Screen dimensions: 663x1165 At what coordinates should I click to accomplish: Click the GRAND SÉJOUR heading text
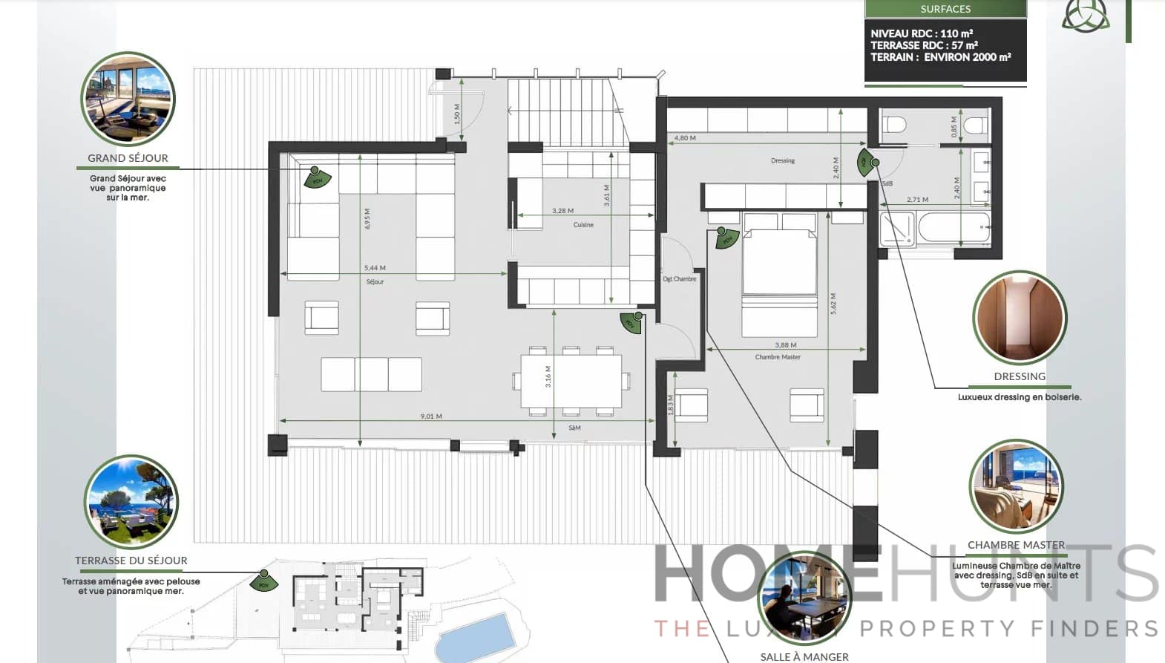pyautogui.click(x=128, y=158)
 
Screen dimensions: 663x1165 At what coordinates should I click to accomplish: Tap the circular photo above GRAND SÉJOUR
pyautogui.click(x=128, y=99)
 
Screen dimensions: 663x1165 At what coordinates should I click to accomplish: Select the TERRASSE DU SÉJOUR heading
pyautogui.click(x=131, y=561)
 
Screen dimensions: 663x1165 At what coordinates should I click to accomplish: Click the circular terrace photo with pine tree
pyautogui.click(x=131, y=502)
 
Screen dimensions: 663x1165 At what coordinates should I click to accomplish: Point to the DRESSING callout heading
pyautogui.click(x=1020, y=376)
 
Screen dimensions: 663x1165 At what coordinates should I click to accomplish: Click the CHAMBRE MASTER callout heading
pyautogui.click(x=1016, y=545)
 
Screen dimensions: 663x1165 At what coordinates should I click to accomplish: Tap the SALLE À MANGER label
pyautogui.click(x=804, y=656)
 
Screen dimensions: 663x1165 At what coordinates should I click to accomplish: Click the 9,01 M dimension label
pyautogui.click(x=431, y=417)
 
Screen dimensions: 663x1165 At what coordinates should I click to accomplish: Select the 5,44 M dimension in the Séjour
pyautogui.click(x=375, y=268)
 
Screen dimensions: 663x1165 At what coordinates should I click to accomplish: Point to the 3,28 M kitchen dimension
pyautogui.click(x=562, y=211)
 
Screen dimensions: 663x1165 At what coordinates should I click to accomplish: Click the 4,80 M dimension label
pyautogui.click(x=685, y=138)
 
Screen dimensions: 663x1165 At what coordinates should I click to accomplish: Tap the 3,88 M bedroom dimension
pyautogui.click(x=785, y=345)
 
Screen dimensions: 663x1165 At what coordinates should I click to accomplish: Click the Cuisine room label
pyautogui.click(x=583, y=225)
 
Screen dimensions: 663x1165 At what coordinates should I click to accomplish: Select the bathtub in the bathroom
pyautogui.click(x=953, y=228)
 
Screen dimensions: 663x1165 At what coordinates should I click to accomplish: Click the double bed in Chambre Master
pyautogui.click(x=779, y=271)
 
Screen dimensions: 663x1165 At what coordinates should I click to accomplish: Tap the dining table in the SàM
pyautogui.click(x=571, y=381)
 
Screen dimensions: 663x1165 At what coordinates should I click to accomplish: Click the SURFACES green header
pyautogui.click(x=945, y=9)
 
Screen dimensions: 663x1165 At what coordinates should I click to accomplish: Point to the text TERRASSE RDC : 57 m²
pyautogui.click(x=924, y=45)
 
